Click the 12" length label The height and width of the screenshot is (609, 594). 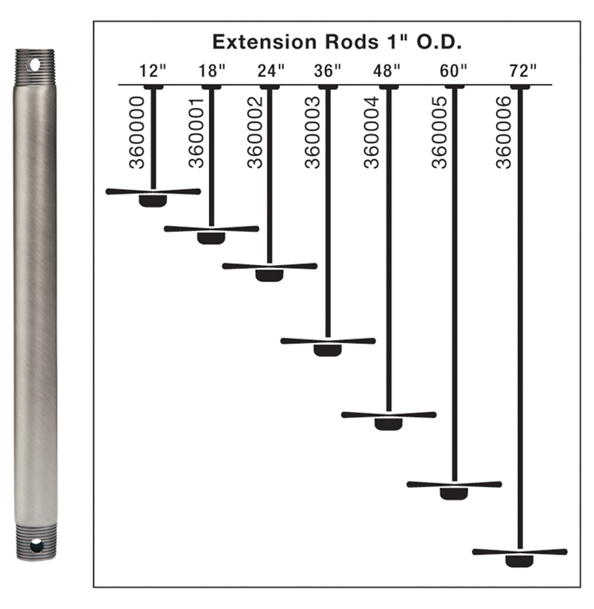(x=153, y=71)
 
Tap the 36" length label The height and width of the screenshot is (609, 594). (x=327, y=71)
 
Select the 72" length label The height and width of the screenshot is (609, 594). (x=523, y=71)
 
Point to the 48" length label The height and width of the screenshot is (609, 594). (x=387, y=71)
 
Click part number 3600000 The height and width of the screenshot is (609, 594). (x=137, y=132)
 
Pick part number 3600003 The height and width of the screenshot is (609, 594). (x=313, y=132)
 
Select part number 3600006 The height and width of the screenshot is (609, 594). (x=504, y=132)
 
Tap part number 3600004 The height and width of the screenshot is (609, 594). (x=371, y=132)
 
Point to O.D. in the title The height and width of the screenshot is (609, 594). (x=440, y=42)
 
